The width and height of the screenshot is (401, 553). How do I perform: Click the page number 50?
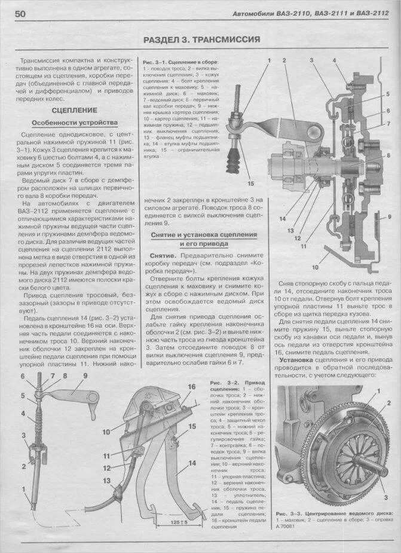(17, 13)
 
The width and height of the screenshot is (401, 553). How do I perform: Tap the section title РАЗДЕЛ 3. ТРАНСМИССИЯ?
(201, 40)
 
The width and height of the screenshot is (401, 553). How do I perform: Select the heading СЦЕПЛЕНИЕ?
(74, 111)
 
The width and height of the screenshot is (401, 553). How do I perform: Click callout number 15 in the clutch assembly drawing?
(250, 184)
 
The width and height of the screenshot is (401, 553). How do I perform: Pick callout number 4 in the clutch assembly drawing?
(334, 60)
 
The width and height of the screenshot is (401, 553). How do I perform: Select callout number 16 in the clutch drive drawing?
(191, 387)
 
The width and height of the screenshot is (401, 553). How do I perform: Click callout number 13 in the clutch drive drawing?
(108, 480)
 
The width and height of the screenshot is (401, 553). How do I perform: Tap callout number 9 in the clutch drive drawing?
(85, 376)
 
